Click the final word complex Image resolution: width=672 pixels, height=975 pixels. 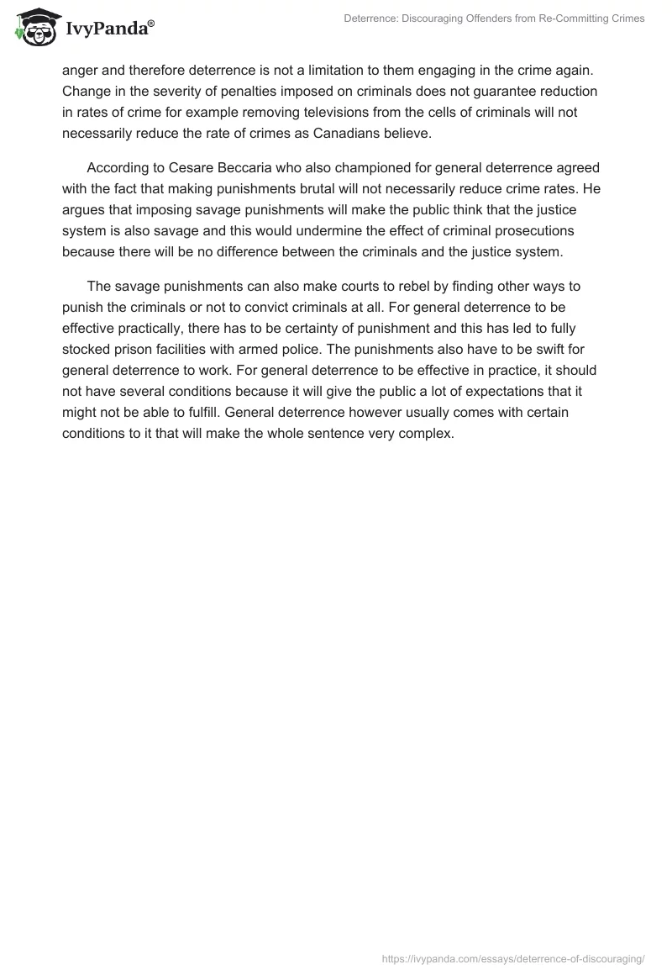[x=428, y=433]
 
